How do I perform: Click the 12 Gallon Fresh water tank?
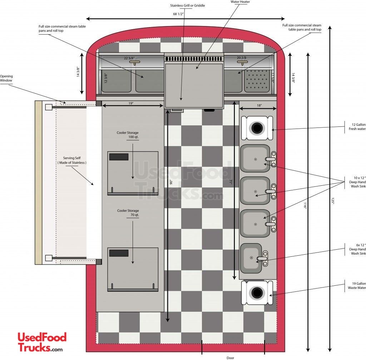[x=257, y=128]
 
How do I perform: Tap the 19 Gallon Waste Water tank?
[x=257, y=292]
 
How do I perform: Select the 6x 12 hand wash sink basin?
[x=251, y=258]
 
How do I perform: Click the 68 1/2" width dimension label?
[x=178, y=14]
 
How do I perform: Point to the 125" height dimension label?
[x=333, y=201]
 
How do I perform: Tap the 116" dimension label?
[x=305, y=205]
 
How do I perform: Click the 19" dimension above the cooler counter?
[x=131, y=103]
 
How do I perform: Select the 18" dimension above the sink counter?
[x=259, y=105]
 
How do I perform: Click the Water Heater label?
[x=240, y=2]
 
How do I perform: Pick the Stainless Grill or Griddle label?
[x=187, y=6]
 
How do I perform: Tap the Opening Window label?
[x=6, y=78]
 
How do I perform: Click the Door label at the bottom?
[x=230, y=358]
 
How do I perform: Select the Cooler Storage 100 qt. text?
[x=128, y=135]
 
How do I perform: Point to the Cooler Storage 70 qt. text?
[x=128, y=212]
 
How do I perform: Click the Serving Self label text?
[x=72, y=160]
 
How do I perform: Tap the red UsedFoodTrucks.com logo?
[x=42, y=342]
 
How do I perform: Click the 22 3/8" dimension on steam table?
[x=129, y=58]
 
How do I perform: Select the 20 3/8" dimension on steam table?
[x=242, y=57]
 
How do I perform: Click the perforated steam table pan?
[x=257, y=80]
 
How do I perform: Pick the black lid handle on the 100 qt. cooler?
[x=119, y=157]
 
